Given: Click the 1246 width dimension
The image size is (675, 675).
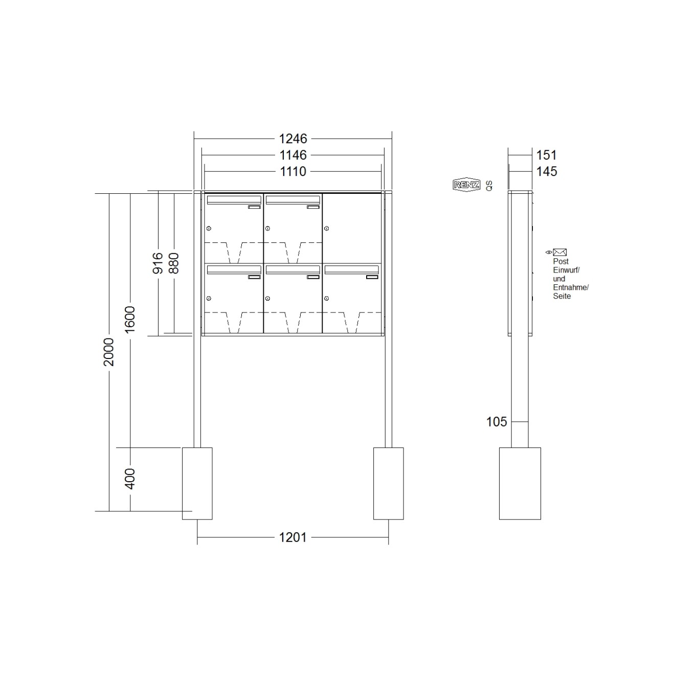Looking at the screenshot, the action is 292,139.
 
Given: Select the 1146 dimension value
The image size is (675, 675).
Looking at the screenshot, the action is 292,155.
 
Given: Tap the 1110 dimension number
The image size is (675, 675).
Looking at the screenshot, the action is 292,171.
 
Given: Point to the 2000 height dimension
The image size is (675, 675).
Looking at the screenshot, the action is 109,352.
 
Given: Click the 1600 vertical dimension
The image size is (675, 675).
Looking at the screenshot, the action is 130,319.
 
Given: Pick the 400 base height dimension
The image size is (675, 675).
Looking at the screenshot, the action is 130,479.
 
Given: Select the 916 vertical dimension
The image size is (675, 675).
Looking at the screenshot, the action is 158,263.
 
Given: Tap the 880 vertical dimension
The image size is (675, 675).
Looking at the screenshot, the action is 174,263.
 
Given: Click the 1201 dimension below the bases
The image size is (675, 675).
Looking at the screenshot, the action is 292,537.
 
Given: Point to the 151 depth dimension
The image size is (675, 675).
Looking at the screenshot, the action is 547,155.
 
